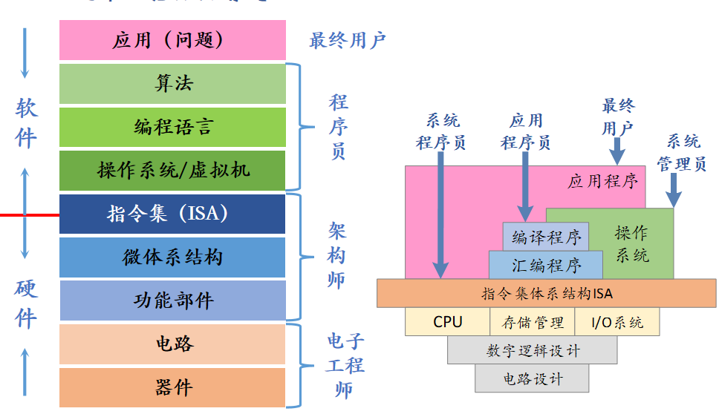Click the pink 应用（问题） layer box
172,40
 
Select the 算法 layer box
172,83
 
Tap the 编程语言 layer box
172,127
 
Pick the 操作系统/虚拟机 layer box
172,170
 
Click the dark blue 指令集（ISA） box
172,214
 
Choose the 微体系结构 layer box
172,257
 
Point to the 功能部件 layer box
172,300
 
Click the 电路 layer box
172,344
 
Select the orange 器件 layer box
172,387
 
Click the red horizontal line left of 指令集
30,215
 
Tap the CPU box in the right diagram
447,322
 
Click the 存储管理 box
532,322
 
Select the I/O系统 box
616,322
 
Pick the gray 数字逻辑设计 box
532,350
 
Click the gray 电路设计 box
532,378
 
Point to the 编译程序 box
546,237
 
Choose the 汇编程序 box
546,265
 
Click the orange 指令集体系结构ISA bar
547,293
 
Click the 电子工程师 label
344,365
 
